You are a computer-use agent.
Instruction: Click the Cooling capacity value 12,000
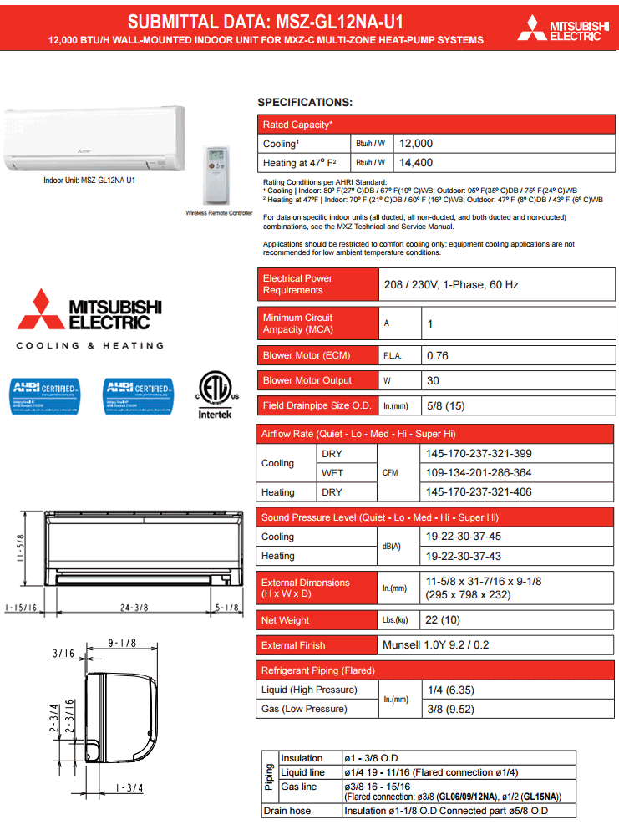coord(416,144)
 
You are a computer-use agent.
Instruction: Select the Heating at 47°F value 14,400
coord(416,163)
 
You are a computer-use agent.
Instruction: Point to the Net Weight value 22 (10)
coord(443,620)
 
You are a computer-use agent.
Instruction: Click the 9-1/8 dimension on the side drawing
coord(122,643)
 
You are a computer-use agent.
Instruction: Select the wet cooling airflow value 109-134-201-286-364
coord(479,473)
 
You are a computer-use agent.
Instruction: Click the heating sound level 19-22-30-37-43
coord(464,556)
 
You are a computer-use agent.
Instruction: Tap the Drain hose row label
coord(287,811)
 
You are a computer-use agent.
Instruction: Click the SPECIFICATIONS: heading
coord(304,102)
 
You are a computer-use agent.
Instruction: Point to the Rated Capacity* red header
coord(297,125)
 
